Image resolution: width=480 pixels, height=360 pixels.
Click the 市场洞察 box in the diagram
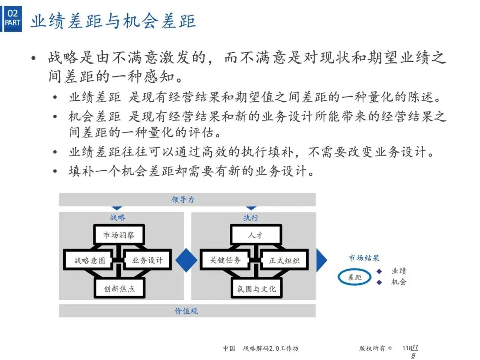pos(120,235)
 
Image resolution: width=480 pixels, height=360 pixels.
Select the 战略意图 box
pos(89,260)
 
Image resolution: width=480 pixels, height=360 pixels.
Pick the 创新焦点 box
pos(120,288)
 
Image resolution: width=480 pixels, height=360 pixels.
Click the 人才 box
pos(256,235)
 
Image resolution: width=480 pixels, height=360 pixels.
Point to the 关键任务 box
pos(225,260)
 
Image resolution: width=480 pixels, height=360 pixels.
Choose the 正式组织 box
pos(284,260)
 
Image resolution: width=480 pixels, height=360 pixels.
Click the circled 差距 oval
pos(355,277)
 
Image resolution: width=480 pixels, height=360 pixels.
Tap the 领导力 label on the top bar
pos(183,200)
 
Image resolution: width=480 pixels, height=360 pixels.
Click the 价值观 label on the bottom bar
pos(186,311)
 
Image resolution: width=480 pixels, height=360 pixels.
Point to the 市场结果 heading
pos(364,258)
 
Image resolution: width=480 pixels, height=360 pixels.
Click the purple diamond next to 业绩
pos(379,271)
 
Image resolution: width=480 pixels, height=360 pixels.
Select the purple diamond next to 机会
pos(379,282)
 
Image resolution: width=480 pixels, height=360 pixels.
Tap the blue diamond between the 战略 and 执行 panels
pos(187,260)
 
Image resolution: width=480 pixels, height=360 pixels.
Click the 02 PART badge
pos(13,18)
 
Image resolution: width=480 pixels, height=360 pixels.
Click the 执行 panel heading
pos(251,218)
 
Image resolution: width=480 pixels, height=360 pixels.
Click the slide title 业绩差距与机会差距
pos(113,21)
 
